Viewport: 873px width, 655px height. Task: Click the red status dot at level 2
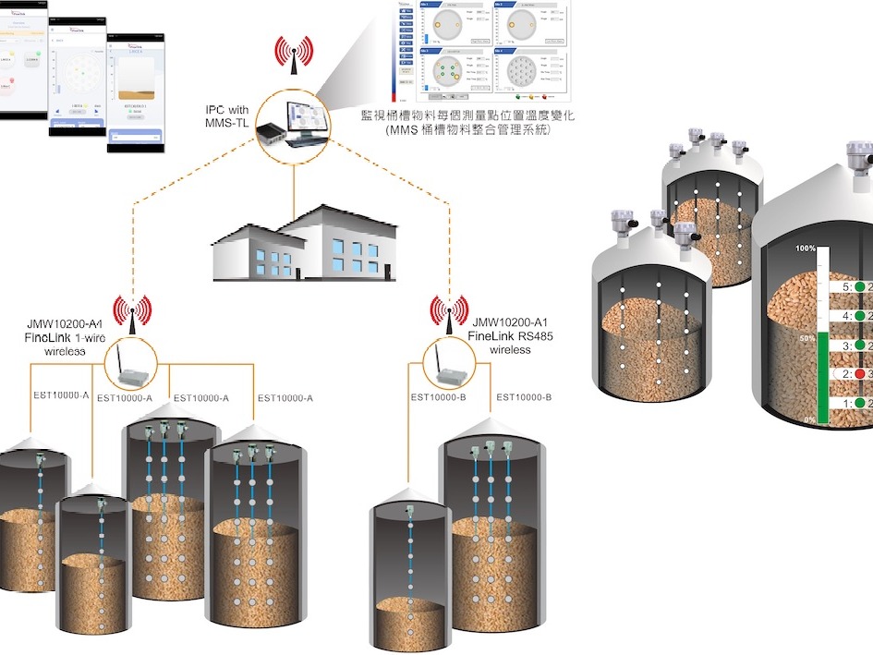click(859, 374)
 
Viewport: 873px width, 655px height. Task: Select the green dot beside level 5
click(859, 287)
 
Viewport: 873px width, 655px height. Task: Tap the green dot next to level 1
click(859, 404)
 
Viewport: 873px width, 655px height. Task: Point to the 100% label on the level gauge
click(805, 249)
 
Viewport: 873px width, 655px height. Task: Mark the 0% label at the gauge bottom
click(809, 419)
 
